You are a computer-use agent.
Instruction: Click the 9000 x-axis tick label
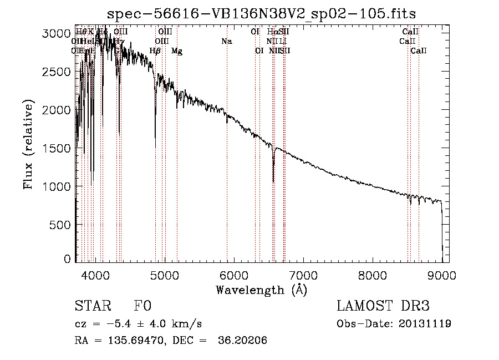pyautogui.click(x=442, y=275)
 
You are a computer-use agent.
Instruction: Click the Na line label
pyautogui.click(x=226, y=41)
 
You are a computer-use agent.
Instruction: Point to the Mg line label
pyautogui.click(x=176, y=51)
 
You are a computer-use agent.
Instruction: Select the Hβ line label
pyautogui.click(x=155, y=51)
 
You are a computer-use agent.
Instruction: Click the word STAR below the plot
pyautogui.click(x=93, y=307)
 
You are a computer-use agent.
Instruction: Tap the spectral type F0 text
pyautogui.click(x=142, y=307)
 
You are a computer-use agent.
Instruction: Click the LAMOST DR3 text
pyautogui.click(x=383, y=307)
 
